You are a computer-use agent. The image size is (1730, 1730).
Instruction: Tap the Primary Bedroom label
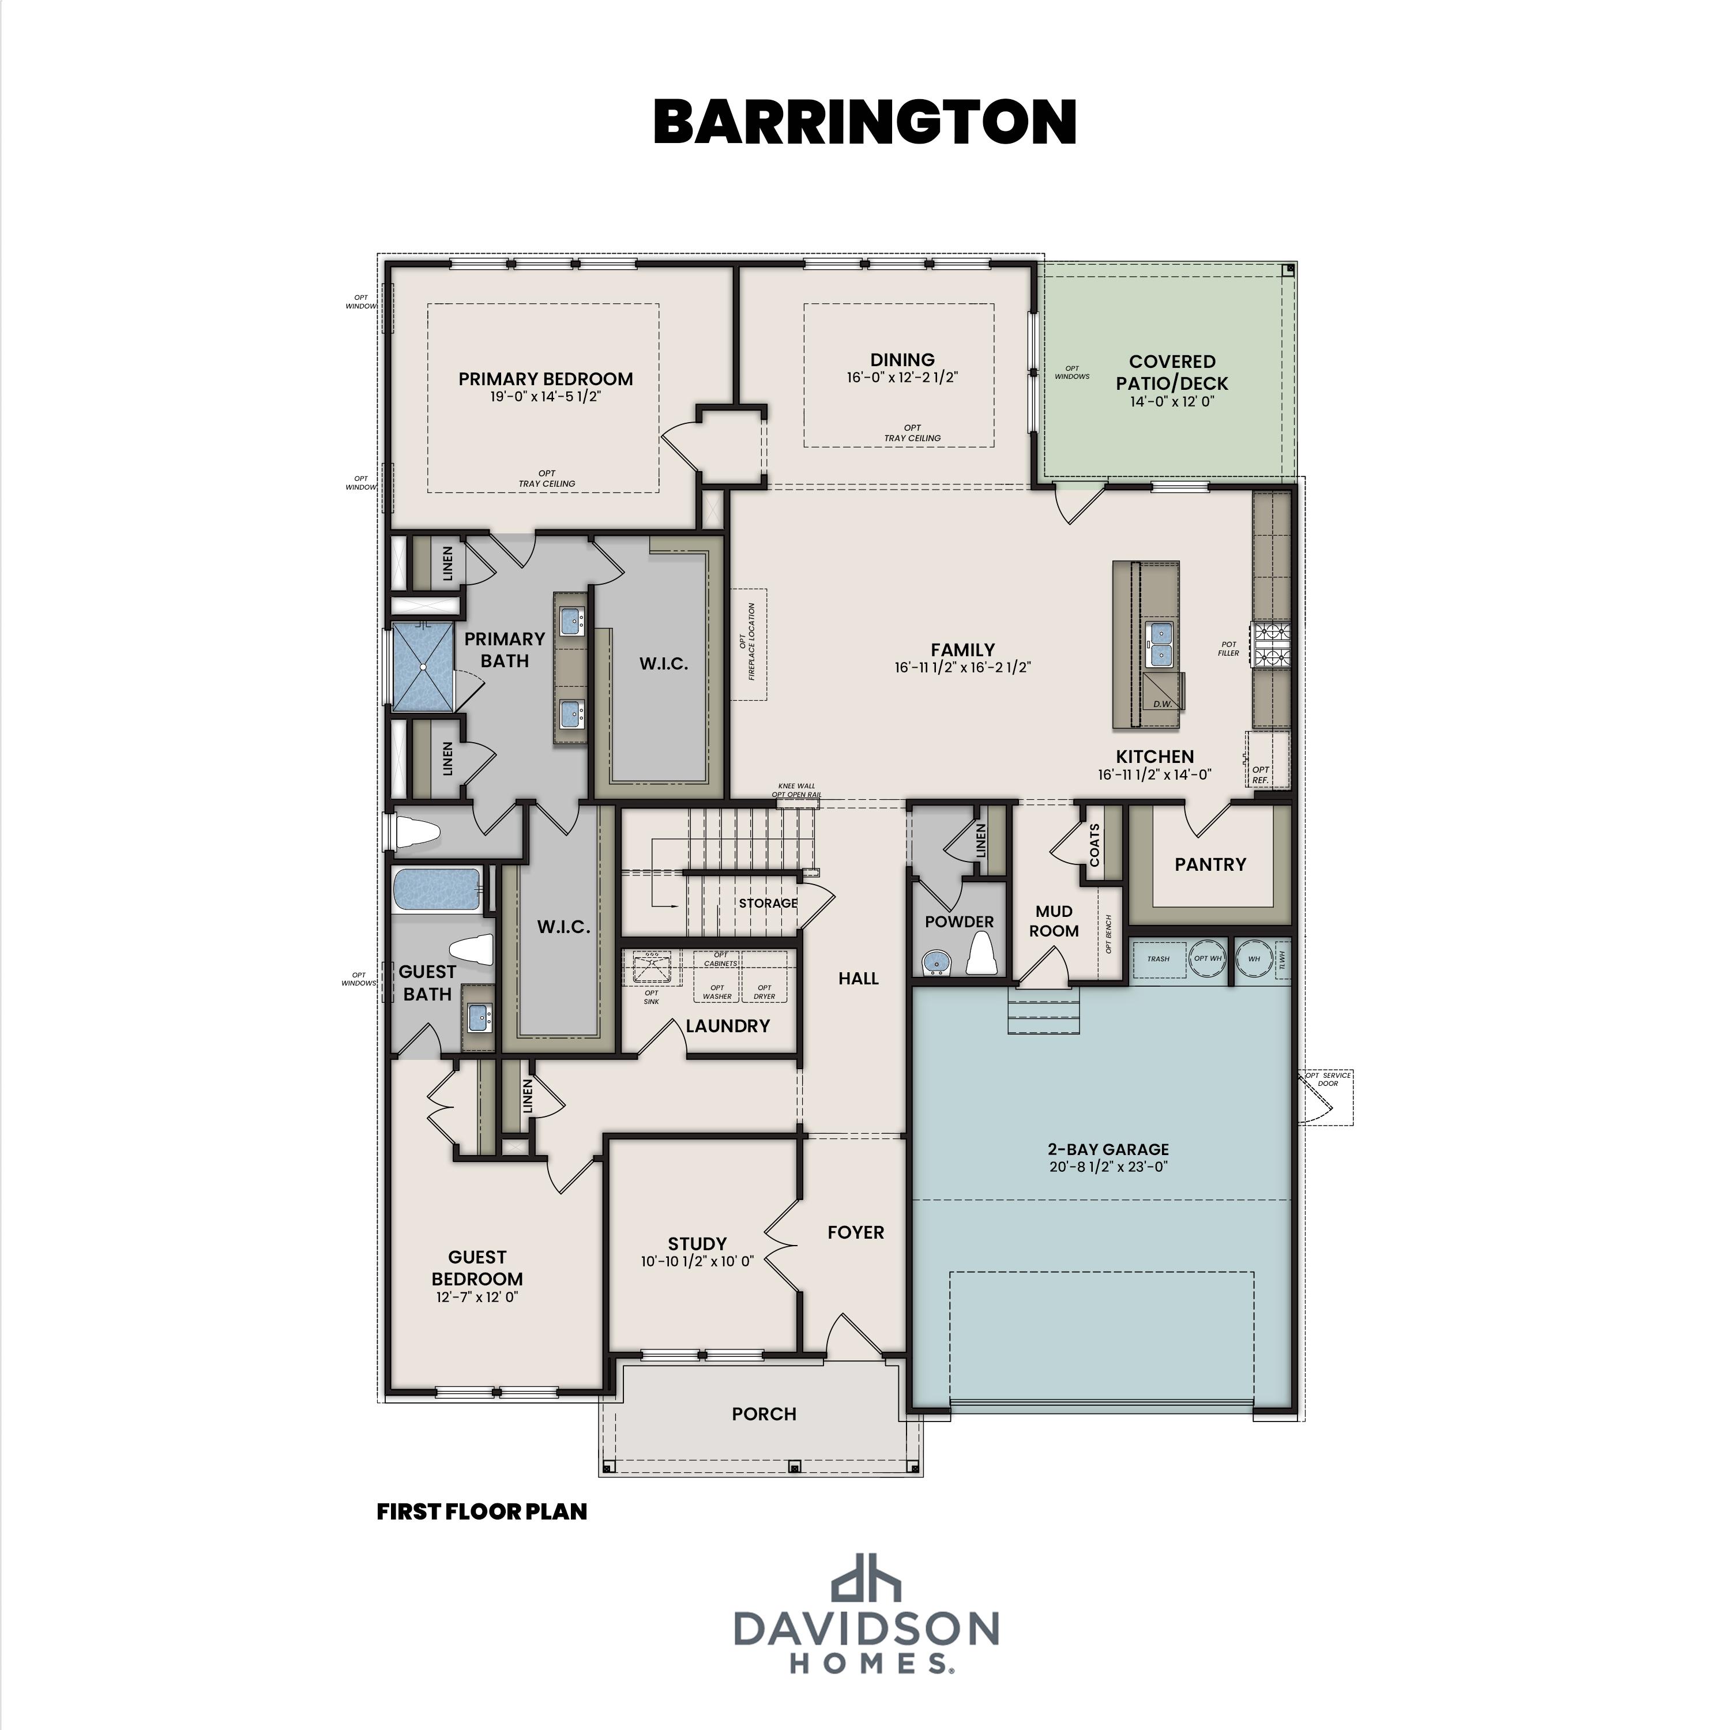click(x=546, y=379)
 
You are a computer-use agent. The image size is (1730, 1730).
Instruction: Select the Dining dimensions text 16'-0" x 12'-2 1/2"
click(x=902, y=378)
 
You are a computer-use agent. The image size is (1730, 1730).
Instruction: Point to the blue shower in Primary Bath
click(x=423, y=667)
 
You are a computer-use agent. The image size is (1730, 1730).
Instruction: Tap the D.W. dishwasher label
click(x=1163, y=704)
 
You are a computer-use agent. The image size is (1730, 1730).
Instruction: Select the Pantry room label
click(x=1210, y=864)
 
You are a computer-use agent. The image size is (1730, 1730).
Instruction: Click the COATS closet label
click(x=1095, y=844)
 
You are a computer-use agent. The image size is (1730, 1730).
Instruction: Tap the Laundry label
click(x=727, y=1026)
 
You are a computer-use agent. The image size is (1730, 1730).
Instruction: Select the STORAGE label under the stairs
click(x=768, y=902)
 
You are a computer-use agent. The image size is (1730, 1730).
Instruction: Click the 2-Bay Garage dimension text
click(x=1108, y=1167)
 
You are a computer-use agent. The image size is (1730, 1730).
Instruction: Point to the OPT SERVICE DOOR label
click(x=1328, y=1079)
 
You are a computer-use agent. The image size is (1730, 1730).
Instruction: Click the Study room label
click(x=697, y=1244)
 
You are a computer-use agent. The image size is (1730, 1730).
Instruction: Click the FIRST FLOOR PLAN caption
click(x=482, y=1511)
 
